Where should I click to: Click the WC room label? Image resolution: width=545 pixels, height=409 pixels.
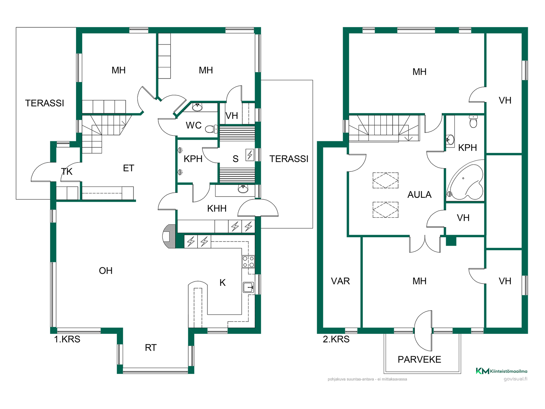click(x=194, y=125)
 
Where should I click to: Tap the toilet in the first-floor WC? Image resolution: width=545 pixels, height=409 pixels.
click(x=211, y=129)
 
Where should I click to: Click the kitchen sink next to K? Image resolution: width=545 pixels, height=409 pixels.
click(x=248, y=287)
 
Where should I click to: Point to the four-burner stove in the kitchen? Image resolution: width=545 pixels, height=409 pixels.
click(x=248, y=262)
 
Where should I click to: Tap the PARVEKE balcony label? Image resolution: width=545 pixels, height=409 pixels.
click(x=419, y=360)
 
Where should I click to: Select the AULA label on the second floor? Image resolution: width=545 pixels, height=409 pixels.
click(x=419, y=195)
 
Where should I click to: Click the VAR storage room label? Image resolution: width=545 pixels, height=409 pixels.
click(x=340, y=281)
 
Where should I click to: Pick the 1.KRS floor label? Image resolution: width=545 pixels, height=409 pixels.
click(x=67, y=339)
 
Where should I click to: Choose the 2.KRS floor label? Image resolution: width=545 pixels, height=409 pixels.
click(x=336, y=339)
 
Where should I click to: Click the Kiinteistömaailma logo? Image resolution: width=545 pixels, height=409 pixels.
click(x=502, y=371)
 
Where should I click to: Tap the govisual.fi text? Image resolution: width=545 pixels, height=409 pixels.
click(x=515, y=379)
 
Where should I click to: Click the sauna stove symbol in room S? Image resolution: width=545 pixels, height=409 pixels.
click(x=250, y=155)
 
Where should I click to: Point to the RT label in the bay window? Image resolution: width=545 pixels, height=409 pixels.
click(x=151, y=348)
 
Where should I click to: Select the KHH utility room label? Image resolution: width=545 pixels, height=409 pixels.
click(x=217, y=208)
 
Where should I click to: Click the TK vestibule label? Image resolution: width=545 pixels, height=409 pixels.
click(x=67, y=172)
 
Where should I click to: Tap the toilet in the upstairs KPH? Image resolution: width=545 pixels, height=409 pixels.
click(x=473, y=122)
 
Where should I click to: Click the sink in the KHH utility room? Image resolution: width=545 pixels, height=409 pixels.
click(x=243, y=189)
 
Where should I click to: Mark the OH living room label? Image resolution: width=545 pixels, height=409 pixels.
click(x=106, y=271)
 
